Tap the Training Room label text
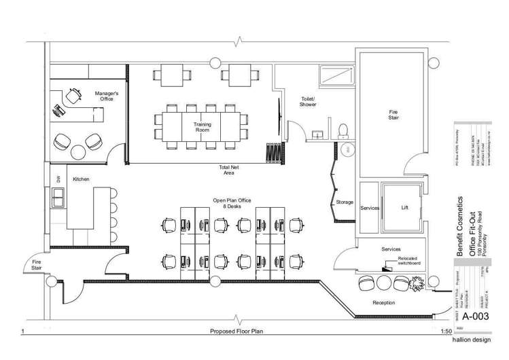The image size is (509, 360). tap(203, 128)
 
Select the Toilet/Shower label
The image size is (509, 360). tap(308, 102)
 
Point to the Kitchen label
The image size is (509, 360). tap(82, 179)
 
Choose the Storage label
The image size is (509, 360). tap(345, 202)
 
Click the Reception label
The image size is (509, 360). tap(384, 302)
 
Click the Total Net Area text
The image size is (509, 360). tap(228, 170)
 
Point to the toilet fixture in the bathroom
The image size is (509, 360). tap(343, 129)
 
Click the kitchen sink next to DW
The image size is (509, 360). tap(59, 198)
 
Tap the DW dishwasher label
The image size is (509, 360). tap(59, 179)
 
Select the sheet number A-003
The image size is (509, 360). tap(476, 317)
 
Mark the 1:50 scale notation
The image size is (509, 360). tap(446, 331)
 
